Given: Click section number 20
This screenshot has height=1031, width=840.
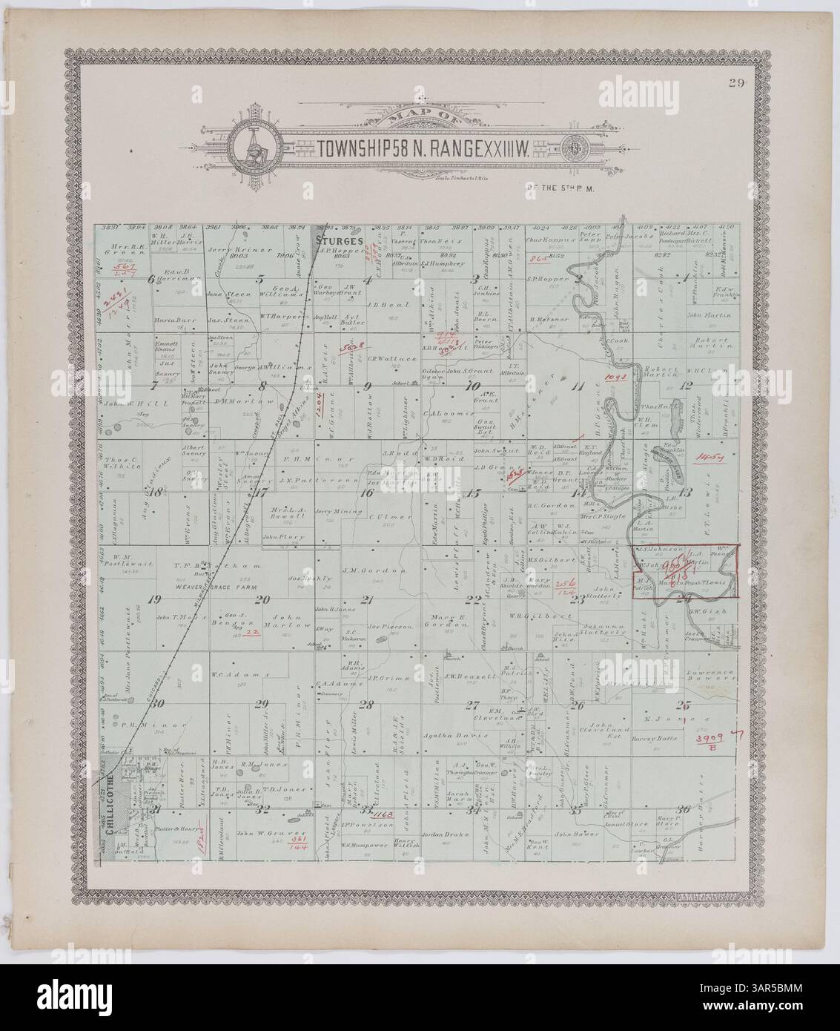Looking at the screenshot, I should click(x=261, y=601).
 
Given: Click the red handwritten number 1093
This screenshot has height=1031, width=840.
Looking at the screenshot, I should click(x=616, y=378).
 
